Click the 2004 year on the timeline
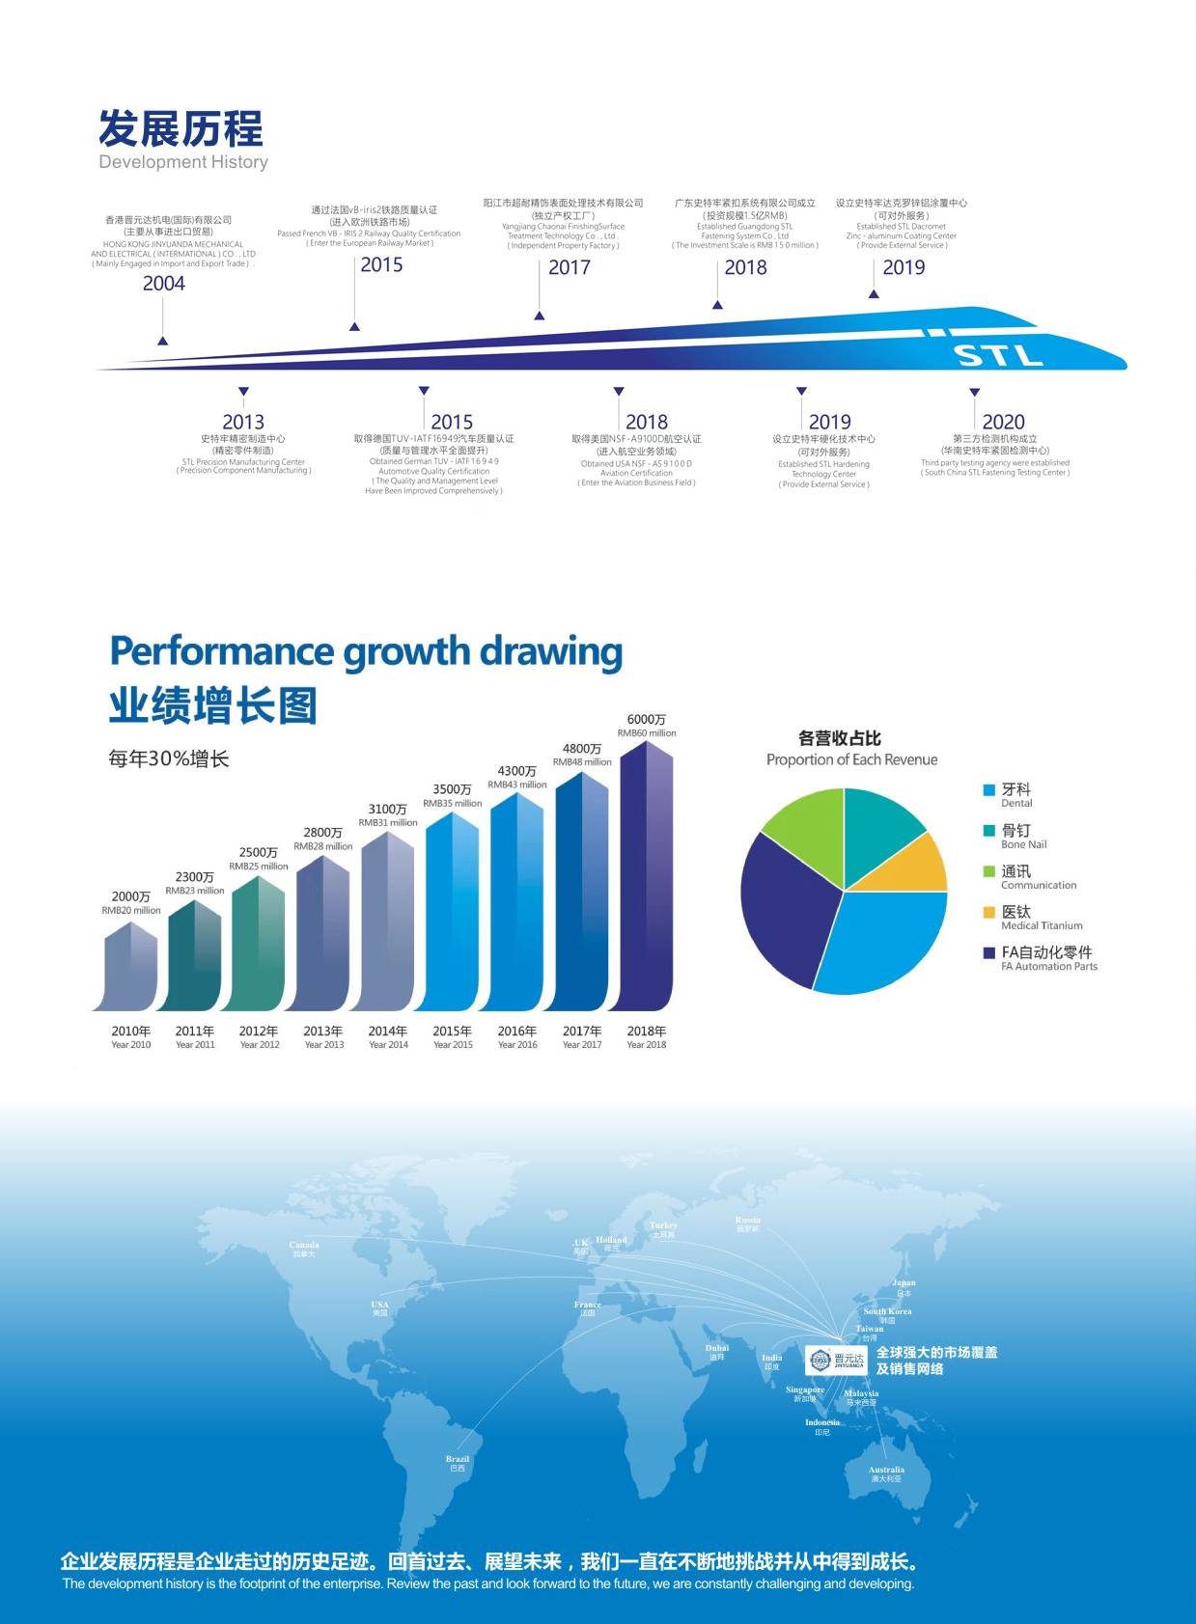click(164, 283)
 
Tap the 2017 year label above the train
click(570, 267)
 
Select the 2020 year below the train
click(1003, 422)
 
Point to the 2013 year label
click(243, 422)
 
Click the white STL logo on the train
click(999, 355)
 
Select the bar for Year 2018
click(646, 878)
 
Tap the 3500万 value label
click(452, 789)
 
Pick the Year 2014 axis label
click(388, 1036)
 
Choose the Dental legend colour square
click(988, 790)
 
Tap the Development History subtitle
click(183, 162)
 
